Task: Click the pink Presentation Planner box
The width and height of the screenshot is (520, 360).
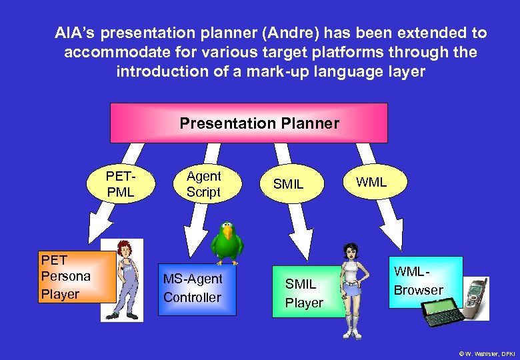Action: point(249,123)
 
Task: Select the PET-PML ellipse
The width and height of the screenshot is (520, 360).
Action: point(121,185)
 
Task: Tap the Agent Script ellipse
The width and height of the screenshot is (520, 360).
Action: point(203,184)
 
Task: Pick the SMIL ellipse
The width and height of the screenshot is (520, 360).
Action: point(288,184)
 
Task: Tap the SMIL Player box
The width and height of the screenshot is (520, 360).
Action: point(304,293)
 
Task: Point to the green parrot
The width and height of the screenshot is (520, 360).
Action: point(227,243)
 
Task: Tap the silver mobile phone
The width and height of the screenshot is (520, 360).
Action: point(476,297)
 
